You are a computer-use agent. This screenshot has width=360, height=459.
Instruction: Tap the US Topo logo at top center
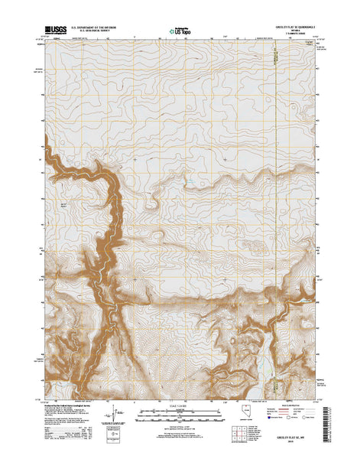tap(180, 31)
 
